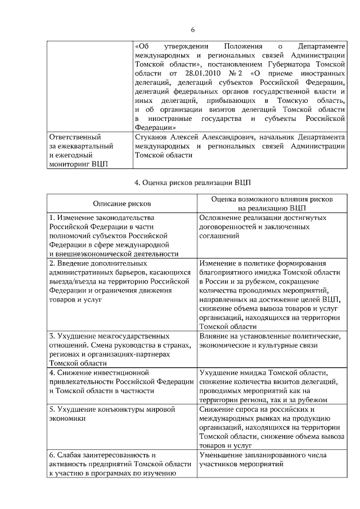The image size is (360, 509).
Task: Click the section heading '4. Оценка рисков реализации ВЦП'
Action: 193,183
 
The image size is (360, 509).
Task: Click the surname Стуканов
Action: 153,137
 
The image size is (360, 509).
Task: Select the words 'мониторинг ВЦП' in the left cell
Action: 79,164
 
